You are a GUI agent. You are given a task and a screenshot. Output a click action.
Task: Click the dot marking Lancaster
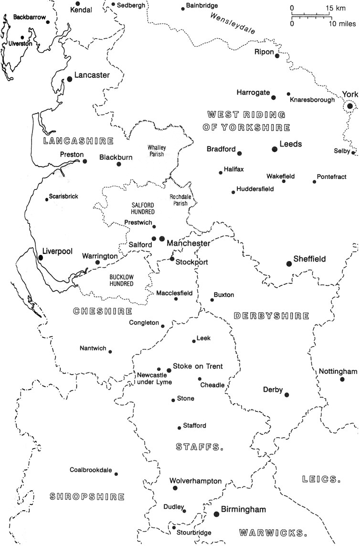coord(70,79)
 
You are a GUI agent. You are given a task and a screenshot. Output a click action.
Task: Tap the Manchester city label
coord(188,243)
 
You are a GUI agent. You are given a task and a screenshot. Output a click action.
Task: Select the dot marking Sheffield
coord(288,263)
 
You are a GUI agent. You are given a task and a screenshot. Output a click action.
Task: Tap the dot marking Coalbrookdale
coord(116,474)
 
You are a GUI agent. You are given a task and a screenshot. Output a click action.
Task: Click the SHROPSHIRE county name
coord(87,496)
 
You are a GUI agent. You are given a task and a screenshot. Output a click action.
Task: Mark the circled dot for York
coord(350,106)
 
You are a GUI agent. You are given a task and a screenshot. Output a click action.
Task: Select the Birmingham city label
coord(243,510)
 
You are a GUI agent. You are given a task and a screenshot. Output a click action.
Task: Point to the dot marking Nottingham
coord(342,379)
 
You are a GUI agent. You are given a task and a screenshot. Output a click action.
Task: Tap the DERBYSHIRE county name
coord(271,316)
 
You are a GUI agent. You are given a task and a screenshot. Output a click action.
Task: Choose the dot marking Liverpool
coord(41,257)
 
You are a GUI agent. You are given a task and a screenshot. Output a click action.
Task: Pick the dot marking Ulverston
coord(22,37)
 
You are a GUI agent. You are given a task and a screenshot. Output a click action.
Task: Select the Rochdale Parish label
coord(180,200)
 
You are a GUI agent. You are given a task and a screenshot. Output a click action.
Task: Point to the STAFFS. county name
coord(200,447)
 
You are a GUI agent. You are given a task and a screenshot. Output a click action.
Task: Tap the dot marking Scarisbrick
coord(46,199)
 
